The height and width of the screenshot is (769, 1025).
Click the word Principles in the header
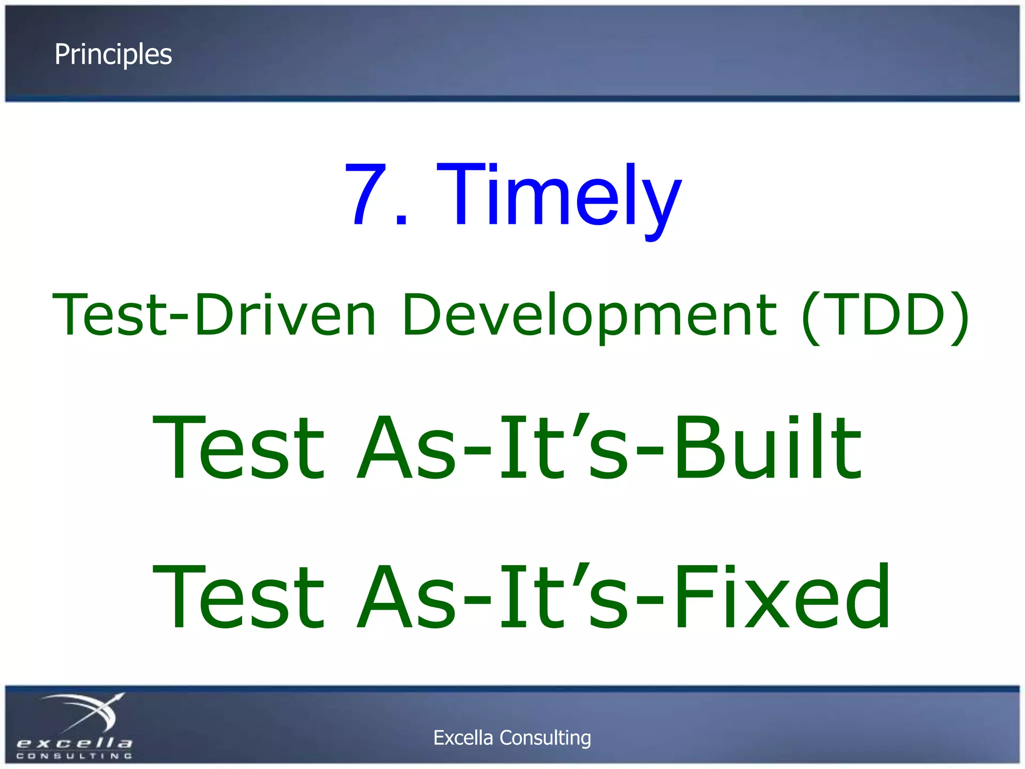click(x=113, y=54)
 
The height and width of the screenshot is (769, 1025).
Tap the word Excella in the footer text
click(x=463, y=738)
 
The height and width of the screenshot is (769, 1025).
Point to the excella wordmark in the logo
click(x=74, y=743)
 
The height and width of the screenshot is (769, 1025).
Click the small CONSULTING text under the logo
click(x=74, y=756)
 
